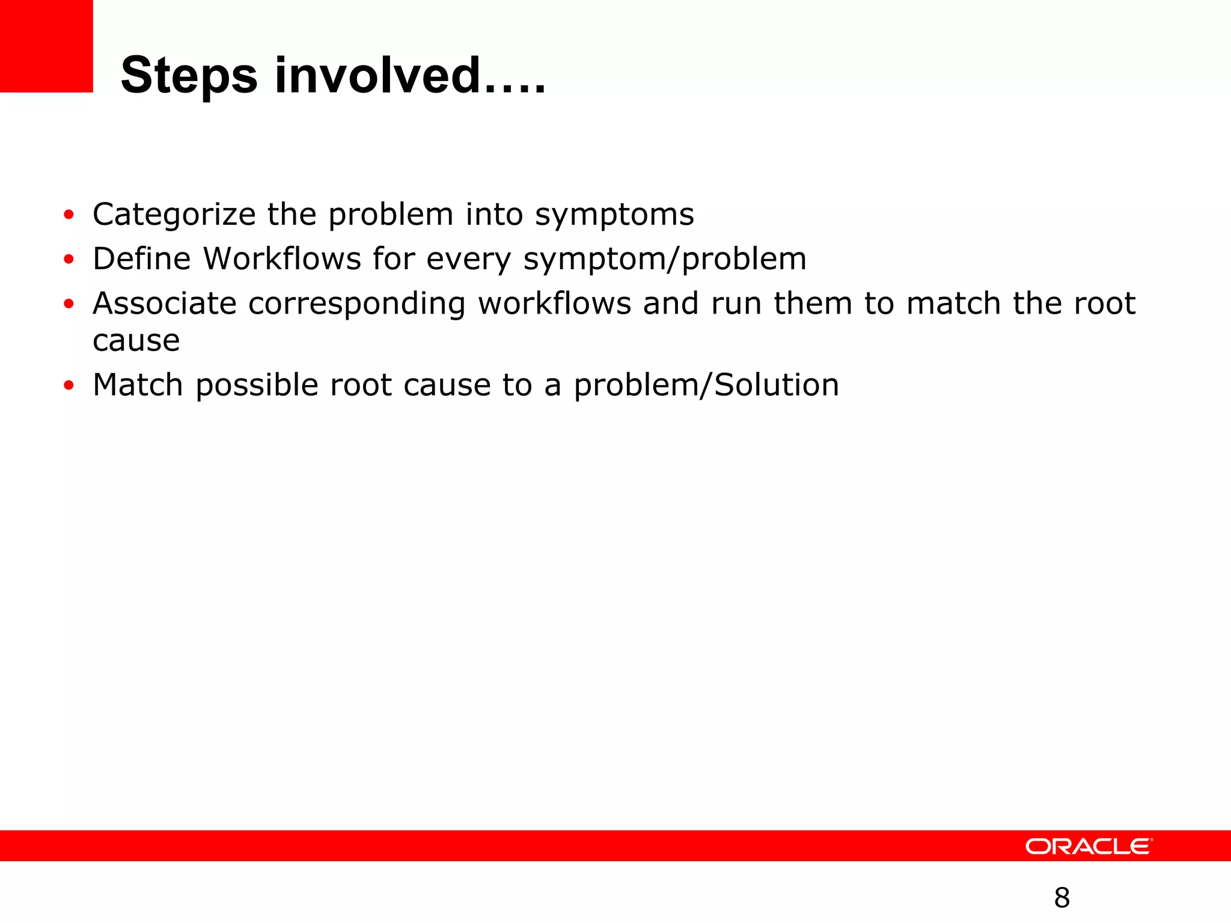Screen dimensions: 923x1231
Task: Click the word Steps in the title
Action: tap(189, 76)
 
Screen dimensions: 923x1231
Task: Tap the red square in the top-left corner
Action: tap(46, 46)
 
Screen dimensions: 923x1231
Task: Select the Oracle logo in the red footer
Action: tap(1089, 846)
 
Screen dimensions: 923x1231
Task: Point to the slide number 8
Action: tap(1062, 898)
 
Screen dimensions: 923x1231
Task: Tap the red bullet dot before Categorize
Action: tap(69, 215)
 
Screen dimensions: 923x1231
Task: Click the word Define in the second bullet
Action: tap(142, 259)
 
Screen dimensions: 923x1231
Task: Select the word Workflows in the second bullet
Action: tap(283, 259)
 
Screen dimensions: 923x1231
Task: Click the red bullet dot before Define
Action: tap(69, 259)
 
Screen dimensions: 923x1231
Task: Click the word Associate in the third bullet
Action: tap(165, 303)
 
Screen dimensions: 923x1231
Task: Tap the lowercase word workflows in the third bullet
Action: tap(554, 303)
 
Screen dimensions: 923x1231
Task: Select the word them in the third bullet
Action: tap(813, 303)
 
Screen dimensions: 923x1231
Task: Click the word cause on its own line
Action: tap(136, 341)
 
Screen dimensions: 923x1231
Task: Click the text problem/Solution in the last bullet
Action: tap(706, 385)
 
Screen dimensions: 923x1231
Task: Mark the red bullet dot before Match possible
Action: tap(69, 385)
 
